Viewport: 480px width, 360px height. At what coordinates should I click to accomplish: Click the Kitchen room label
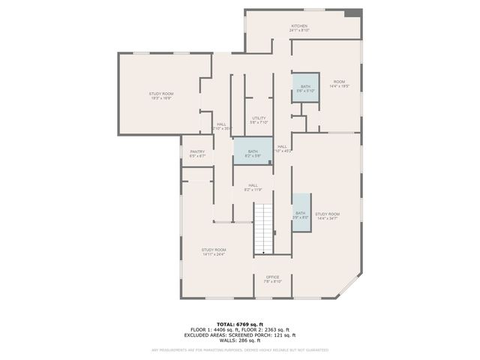pos(299,28)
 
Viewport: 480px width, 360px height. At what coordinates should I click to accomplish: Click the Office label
pos(272,278)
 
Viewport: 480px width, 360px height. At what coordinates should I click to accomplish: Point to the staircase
pos(263,229)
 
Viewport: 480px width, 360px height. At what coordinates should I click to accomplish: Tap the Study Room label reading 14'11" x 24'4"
pos(214,251)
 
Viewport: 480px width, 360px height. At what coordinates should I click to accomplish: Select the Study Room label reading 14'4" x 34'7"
pos(327,216)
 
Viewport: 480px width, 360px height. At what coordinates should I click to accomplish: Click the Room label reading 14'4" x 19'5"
pos(339,83)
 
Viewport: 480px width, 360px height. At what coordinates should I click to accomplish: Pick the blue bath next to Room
pos(304,88)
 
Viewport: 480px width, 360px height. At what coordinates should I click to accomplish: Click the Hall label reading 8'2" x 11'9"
pos(253,187)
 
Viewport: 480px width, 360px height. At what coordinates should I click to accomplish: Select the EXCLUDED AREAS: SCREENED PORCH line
pos(240,334)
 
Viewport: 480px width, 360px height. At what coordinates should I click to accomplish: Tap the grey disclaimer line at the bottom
pos(240,350)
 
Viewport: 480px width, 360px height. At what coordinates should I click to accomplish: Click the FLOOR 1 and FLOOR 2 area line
pos(240,328)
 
